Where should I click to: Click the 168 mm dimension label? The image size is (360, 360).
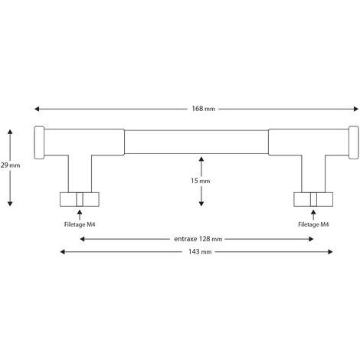coord(203,109)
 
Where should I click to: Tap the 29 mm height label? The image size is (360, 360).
coord(10,165)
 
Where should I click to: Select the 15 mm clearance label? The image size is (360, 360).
coord(201,181)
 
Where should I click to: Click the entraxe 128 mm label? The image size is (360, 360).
coord(198,239)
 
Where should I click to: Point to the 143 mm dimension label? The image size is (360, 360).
coord(200,252)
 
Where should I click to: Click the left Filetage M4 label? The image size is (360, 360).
coord(80,224)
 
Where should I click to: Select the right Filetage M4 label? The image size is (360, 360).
coord(313,224)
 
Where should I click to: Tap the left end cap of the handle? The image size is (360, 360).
coord(39,142)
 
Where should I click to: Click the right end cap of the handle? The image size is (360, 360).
coord(354,142)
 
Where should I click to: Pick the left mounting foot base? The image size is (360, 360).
coord(80,199)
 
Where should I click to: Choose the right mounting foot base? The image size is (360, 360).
coord(313,199)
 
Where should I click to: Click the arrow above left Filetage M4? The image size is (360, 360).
coord(80,214)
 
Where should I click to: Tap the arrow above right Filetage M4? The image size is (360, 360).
coord(313,214)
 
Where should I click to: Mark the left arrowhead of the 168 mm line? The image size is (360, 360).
coord(37,109)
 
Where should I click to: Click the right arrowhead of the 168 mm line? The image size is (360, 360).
coord(356,109)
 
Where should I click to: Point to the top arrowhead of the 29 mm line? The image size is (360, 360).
coord(10,132)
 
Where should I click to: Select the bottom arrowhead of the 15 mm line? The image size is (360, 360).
coord(201,204)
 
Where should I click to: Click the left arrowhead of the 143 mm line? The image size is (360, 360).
coord(63,252)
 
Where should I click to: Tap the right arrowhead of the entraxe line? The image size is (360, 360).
coord(311,239)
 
